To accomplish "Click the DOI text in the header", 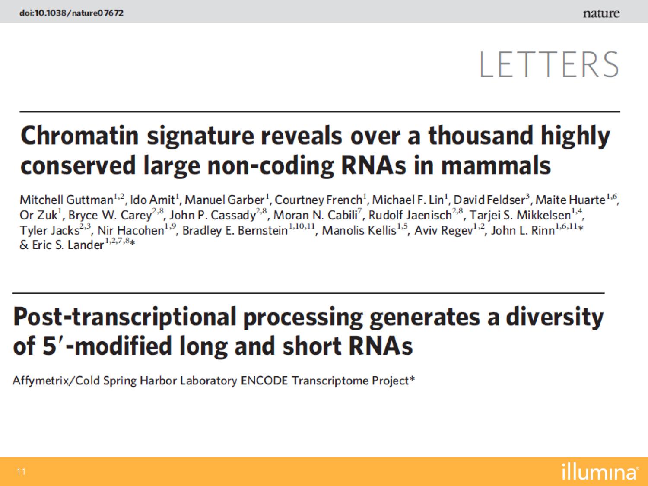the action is point(71,13).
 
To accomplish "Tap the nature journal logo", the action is point(601,13).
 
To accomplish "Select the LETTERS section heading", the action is point(549,64).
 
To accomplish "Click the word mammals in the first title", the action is point(496,166).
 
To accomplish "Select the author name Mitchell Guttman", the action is point(67,200).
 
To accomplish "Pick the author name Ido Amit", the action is point(152,200).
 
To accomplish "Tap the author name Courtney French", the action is point(318,200).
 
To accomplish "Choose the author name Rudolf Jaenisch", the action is point(410,215).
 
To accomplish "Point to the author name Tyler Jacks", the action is point(50,230).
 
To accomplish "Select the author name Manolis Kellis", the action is point(359,230).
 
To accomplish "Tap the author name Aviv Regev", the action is point(444,230).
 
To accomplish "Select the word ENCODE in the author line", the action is point(264,381).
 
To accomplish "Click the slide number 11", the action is point(21,472).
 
